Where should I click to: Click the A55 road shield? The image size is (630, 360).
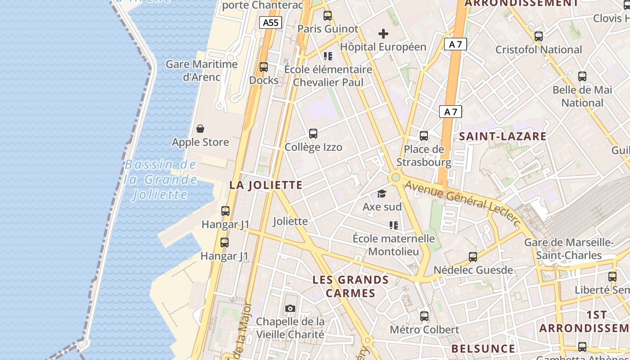tap(270, 22)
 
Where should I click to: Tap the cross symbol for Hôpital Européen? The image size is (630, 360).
tap(383, 34)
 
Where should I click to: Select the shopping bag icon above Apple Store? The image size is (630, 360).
tap(200, 129)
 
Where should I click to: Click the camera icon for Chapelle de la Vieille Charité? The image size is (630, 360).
tap(290, 308)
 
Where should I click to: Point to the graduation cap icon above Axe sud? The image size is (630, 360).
tap(382, 193)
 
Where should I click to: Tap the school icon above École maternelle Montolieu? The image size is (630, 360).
tap(394, 225)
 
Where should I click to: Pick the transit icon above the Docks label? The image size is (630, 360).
tap(264, 67)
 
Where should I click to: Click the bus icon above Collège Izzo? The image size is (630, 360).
tap(313, 133)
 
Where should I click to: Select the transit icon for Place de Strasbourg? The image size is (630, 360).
tap(423, 135)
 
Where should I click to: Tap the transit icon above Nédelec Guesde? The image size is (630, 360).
tap(473, 257)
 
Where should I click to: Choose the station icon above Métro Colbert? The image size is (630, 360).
tap(424, 316)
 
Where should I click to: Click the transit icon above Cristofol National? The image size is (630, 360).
tap(539, 36)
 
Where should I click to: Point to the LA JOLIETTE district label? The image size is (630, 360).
tap(266, 185)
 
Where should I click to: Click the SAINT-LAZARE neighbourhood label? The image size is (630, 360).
tap(503, 136)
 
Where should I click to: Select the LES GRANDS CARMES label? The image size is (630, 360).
tap(351, 286)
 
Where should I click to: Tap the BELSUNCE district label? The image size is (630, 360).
tap(483, 349)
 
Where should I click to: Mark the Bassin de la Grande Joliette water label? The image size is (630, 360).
tap(161, 180)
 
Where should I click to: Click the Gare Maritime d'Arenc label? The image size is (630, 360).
tap(202, 70)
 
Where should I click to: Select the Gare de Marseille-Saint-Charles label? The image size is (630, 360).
tap(569, 249)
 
